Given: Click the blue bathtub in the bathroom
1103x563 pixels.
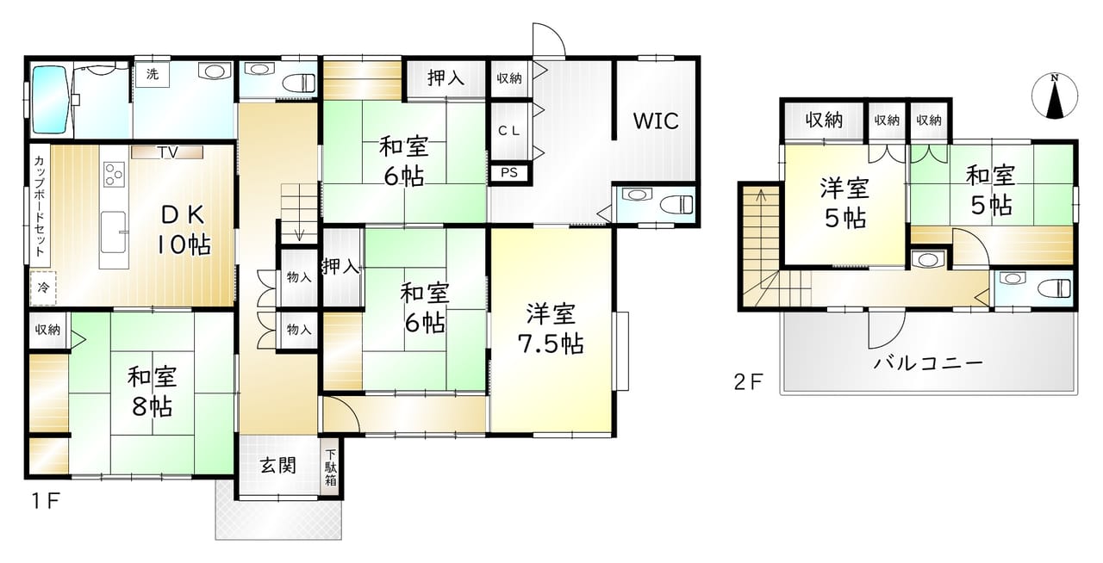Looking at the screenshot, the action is [50, 100].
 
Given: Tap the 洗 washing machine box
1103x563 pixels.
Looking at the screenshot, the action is [153, 74].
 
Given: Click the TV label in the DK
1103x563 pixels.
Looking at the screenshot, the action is [167, 152].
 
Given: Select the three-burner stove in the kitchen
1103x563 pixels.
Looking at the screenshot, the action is [114, 174].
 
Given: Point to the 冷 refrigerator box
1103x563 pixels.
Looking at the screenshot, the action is [43, 288].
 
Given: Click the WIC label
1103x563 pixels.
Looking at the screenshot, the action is [656, 121].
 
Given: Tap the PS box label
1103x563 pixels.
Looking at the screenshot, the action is [509, 173].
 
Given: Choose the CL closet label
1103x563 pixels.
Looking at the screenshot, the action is [508, 131].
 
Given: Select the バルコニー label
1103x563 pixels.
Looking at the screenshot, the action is [928, 363].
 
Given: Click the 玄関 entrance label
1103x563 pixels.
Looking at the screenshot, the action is [278, 465].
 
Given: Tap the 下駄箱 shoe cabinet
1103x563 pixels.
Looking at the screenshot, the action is [330, 467].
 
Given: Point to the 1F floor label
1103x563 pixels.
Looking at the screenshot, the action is [46, 502].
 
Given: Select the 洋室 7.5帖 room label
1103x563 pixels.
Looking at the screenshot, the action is [551, 329].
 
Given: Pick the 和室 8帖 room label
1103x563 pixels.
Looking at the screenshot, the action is [152, 393].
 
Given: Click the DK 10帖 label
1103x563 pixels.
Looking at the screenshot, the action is [184, 230].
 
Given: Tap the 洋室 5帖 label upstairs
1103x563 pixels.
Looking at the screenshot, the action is [845, 203].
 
